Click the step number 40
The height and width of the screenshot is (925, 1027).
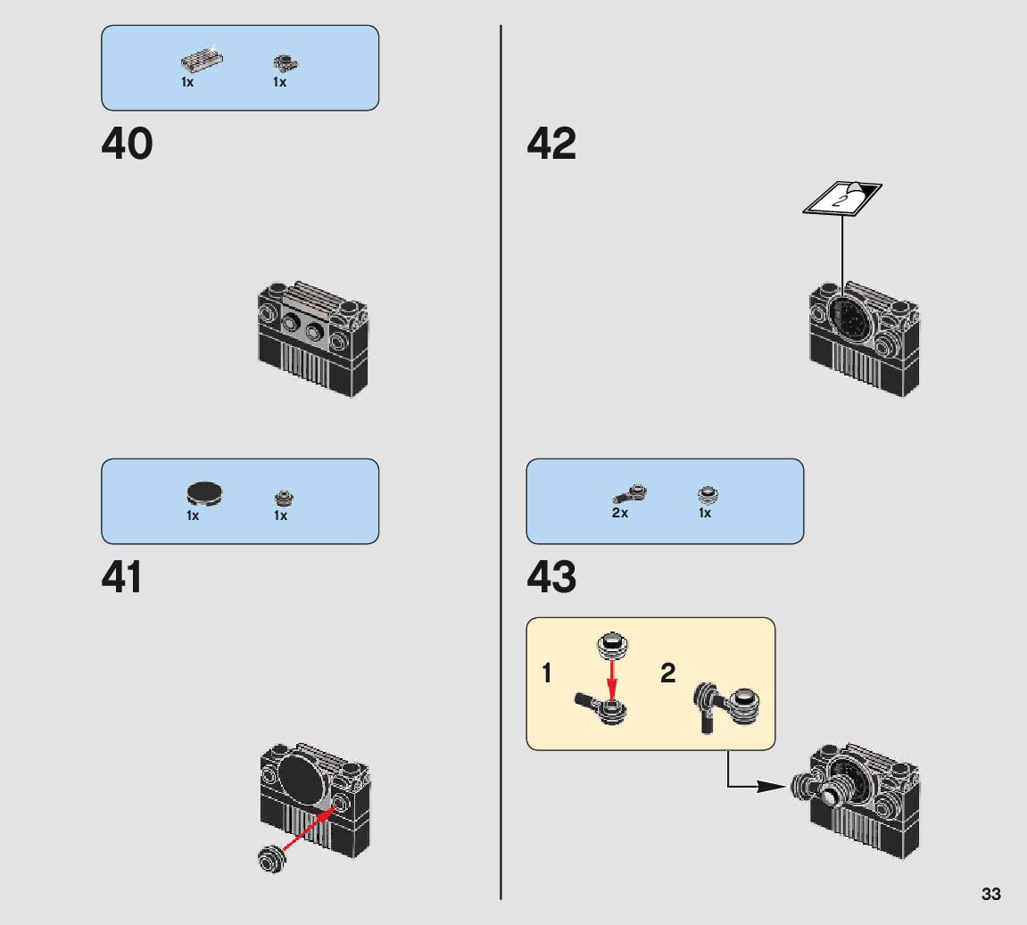[127, 144]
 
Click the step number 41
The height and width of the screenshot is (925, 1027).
[122, 577]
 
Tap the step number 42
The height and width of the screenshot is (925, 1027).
[551, 144]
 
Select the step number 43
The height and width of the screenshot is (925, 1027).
[551, 577]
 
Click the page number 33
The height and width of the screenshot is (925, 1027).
[990, 894]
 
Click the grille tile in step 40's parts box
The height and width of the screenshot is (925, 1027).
[201, 61]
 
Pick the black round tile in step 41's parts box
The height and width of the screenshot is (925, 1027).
[204, 492]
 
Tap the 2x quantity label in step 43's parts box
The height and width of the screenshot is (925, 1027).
[620, 514]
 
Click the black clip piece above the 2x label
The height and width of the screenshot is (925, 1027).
[630, 492]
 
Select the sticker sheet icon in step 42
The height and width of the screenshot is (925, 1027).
[841, 197]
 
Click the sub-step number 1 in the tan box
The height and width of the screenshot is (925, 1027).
[547, 673]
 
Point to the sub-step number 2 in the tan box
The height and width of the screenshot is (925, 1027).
[667, 673]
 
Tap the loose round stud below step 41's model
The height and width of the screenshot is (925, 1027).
[270, 858]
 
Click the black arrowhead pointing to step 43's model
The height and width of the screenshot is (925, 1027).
[768, 787]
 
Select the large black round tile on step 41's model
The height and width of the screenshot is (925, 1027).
[303, 775]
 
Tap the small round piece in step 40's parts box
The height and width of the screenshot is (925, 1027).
[284, 62]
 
